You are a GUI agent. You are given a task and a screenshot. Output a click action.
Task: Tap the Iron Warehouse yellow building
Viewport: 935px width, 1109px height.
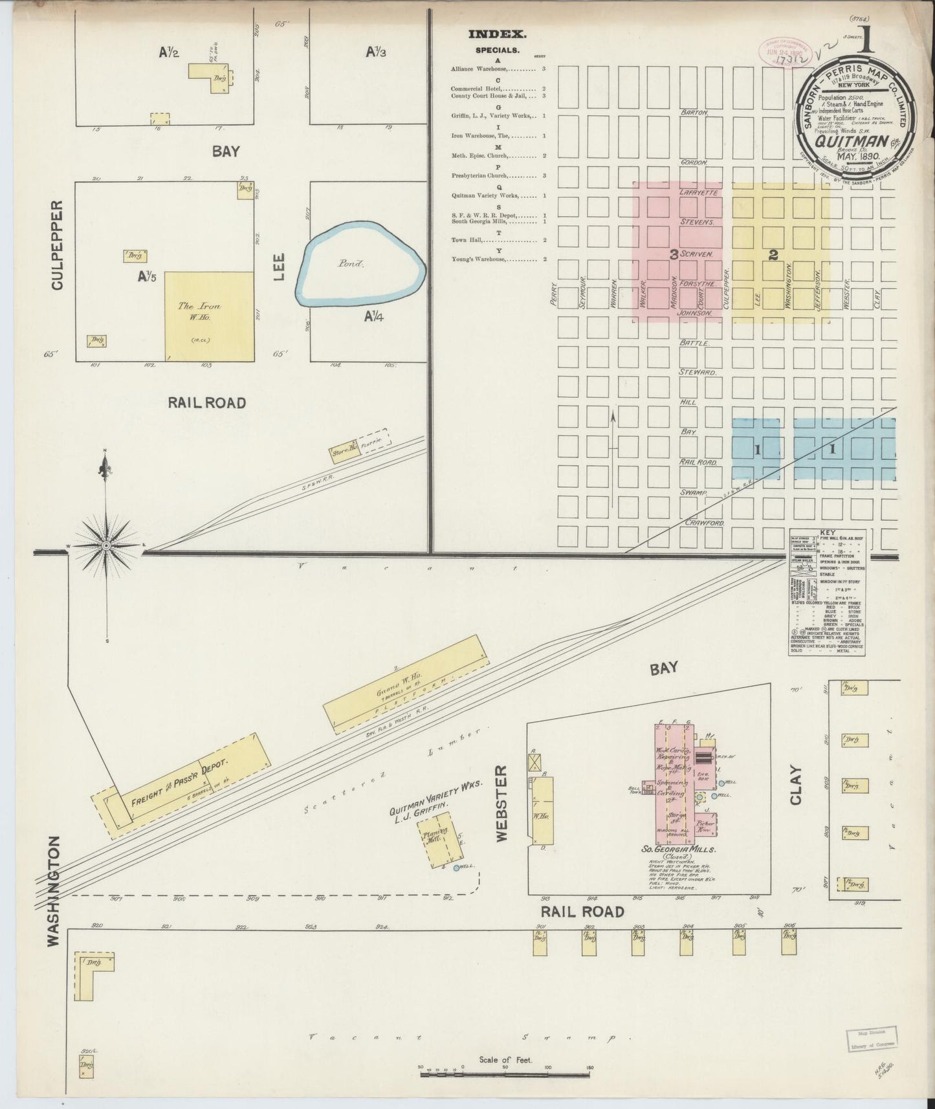[208, 316]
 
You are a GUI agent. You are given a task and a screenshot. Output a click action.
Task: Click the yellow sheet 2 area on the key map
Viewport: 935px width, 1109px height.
[780, 252]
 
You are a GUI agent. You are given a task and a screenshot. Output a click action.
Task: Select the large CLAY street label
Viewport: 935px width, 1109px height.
[795, 785]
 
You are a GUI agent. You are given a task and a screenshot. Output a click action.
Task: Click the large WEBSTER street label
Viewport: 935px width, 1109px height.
[501, 803]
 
